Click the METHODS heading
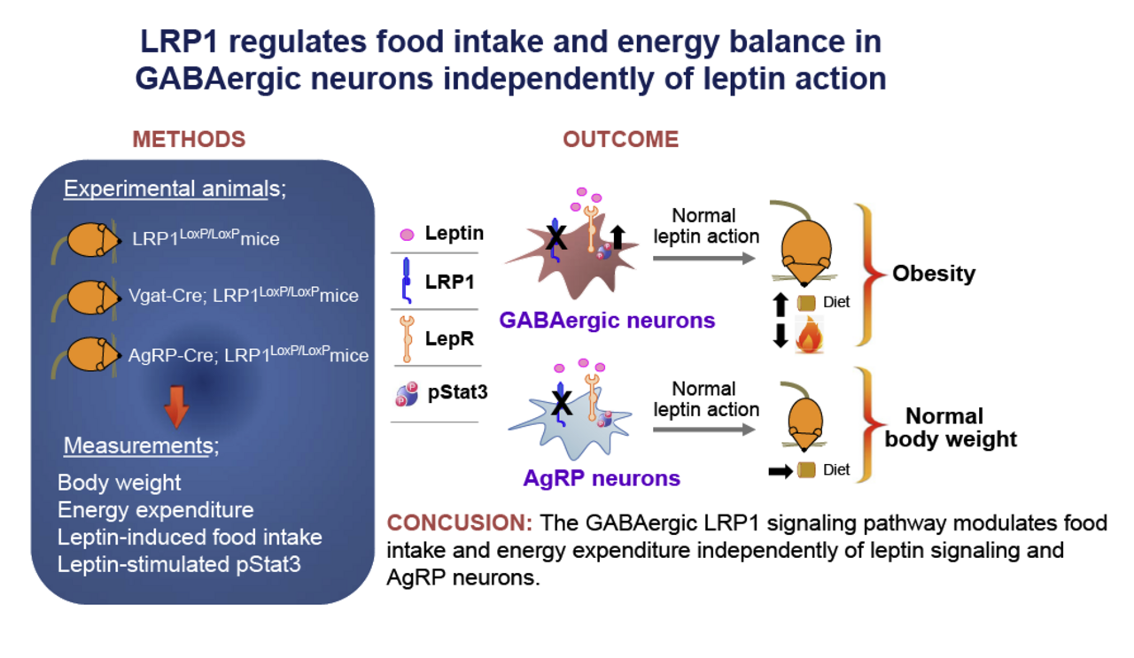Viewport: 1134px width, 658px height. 189,140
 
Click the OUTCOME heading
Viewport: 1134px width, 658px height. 620,140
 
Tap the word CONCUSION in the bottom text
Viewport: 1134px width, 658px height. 460,523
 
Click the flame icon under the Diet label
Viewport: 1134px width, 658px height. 809,338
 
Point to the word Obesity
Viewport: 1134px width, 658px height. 933,273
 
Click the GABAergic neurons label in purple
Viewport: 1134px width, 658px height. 608,320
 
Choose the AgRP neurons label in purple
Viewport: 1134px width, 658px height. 602,479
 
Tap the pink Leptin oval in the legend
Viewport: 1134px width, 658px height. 408,235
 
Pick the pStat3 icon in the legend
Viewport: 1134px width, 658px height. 407,393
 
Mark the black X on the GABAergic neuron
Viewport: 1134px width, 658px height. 556,237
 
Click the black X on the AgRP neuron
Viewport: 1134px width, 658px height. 560,404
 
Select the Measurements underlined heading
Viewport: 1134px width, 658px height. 139,446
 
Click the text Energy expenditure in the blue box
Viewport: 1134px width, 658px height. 156,510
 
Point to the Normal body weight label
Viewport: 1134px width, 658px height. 950,427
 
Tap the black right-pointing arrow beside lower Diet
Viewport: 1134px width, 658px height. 780,471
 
